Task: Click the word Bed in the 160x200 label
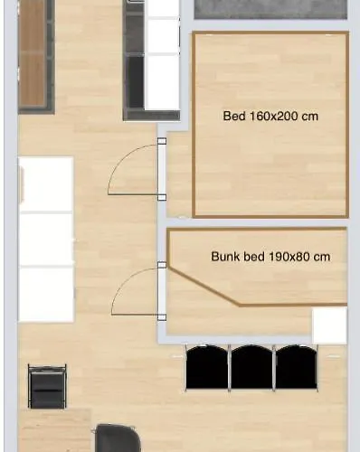233,116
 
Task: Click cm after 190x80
322,257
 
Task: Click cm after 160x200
309,116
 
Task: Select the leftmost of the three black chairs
207,367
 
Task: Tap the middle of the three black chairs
251,367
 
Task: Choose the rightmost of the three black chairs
296,367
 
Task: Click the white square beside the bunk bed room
329,325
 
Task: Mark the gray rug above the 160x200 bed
270,9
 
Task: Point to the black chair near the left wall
47,385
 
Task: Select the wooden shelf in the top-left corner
34,54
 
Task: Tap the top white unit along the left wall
45,184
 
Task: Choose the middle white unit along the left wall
45,240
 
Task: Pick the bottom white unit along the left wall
45,295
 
